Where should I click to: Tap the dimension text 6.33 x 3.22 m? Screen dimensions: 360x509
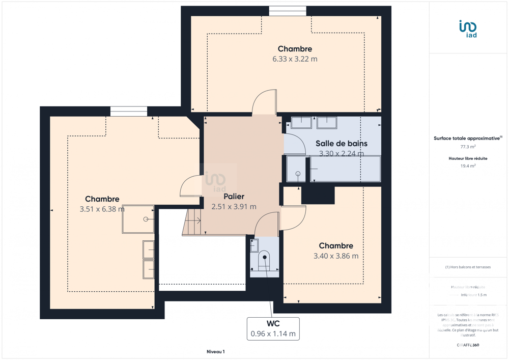pyautogui.click(x=295, y=59)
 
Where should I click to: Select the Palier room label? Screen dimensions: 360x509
pyautogui.click(x=234, y=197)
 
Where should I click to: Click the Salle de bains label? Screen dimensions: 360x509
pyautogui.click(x=341, y=144)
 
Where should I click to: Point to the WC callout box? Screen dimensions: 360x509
pyautogui.click(x=273, y=329)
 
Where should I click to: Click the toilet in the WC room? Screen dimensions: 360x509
pyautogui.click(x=264, y=260)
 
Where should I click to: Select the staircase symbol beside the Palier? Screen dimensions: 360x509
pyautogui.click(x=193, y=222)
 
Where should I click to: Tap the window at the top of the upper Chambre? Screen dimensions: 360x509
pyautogui.click(x=288, y=11)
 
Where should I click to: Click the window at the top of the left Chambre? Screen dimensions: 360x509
pyautogui.click(x=129, y=112)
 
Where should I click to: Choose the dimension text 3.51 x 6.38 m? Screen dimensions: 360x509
pyautogui.click(x=102, y=209)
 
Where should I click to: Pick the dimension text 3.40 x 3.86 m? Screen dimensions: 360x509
pyautogui.click(x=336, y=256)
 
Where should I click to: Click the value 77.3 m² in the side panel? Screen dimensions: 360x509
pyautogui.click(x=468, y=147)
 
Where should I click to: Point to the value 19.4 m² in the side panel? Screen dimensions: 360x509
pyautogui.click(x=468, y=166)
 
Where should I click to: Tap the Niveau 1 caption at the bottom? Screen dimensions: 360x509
pyautogui.click(x=215, y=352)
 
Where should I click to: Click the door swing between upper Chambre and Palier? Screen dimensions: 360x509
pyautogui.click(x=265, y=102)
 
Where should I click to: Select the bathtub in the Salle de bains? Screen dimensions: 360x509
pyautogui.click(x=345, y=169)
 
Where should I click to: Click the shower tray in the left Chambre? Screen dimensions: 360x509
pyautogui.click(x=138, y=219)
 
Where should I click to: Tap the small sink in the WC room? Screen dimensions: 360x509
pyautogui.click(x=254, y=245)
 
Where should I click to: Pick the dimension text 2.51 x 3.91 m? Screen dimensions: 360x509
pyautogui.click(x=234, y=207)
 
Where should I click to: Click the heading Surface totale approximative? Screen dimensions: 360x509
pyautogui.click(x=467, y=138)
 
